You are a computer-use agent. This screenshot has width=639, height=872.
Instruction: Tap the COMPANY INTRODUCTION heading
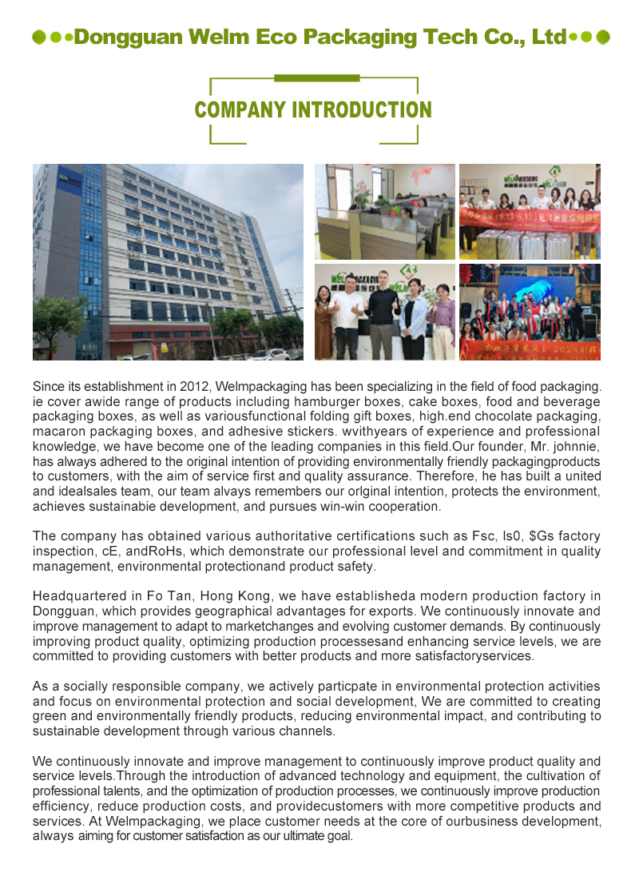coord(313,110)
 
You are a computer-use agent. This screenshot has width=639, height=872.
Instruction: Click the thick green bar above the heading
coord(313,78)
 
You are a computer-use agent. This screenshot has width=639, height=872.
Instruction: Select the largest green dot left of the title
coord(39,37)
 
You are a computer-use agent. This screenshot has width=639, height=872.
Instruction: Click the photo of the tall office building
coord(168,261)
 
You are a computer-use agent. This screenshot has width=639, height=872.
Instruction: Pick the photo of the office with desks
coord(384,211)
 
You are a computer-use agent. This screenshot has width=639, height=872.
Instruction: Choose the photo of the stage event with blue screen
coord(530,312)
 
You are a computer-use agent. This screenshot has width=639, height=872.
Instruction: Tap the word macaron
coord(57,432)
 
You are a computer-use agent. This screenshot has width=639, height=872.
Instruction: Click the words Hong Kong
coord(230,596)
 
